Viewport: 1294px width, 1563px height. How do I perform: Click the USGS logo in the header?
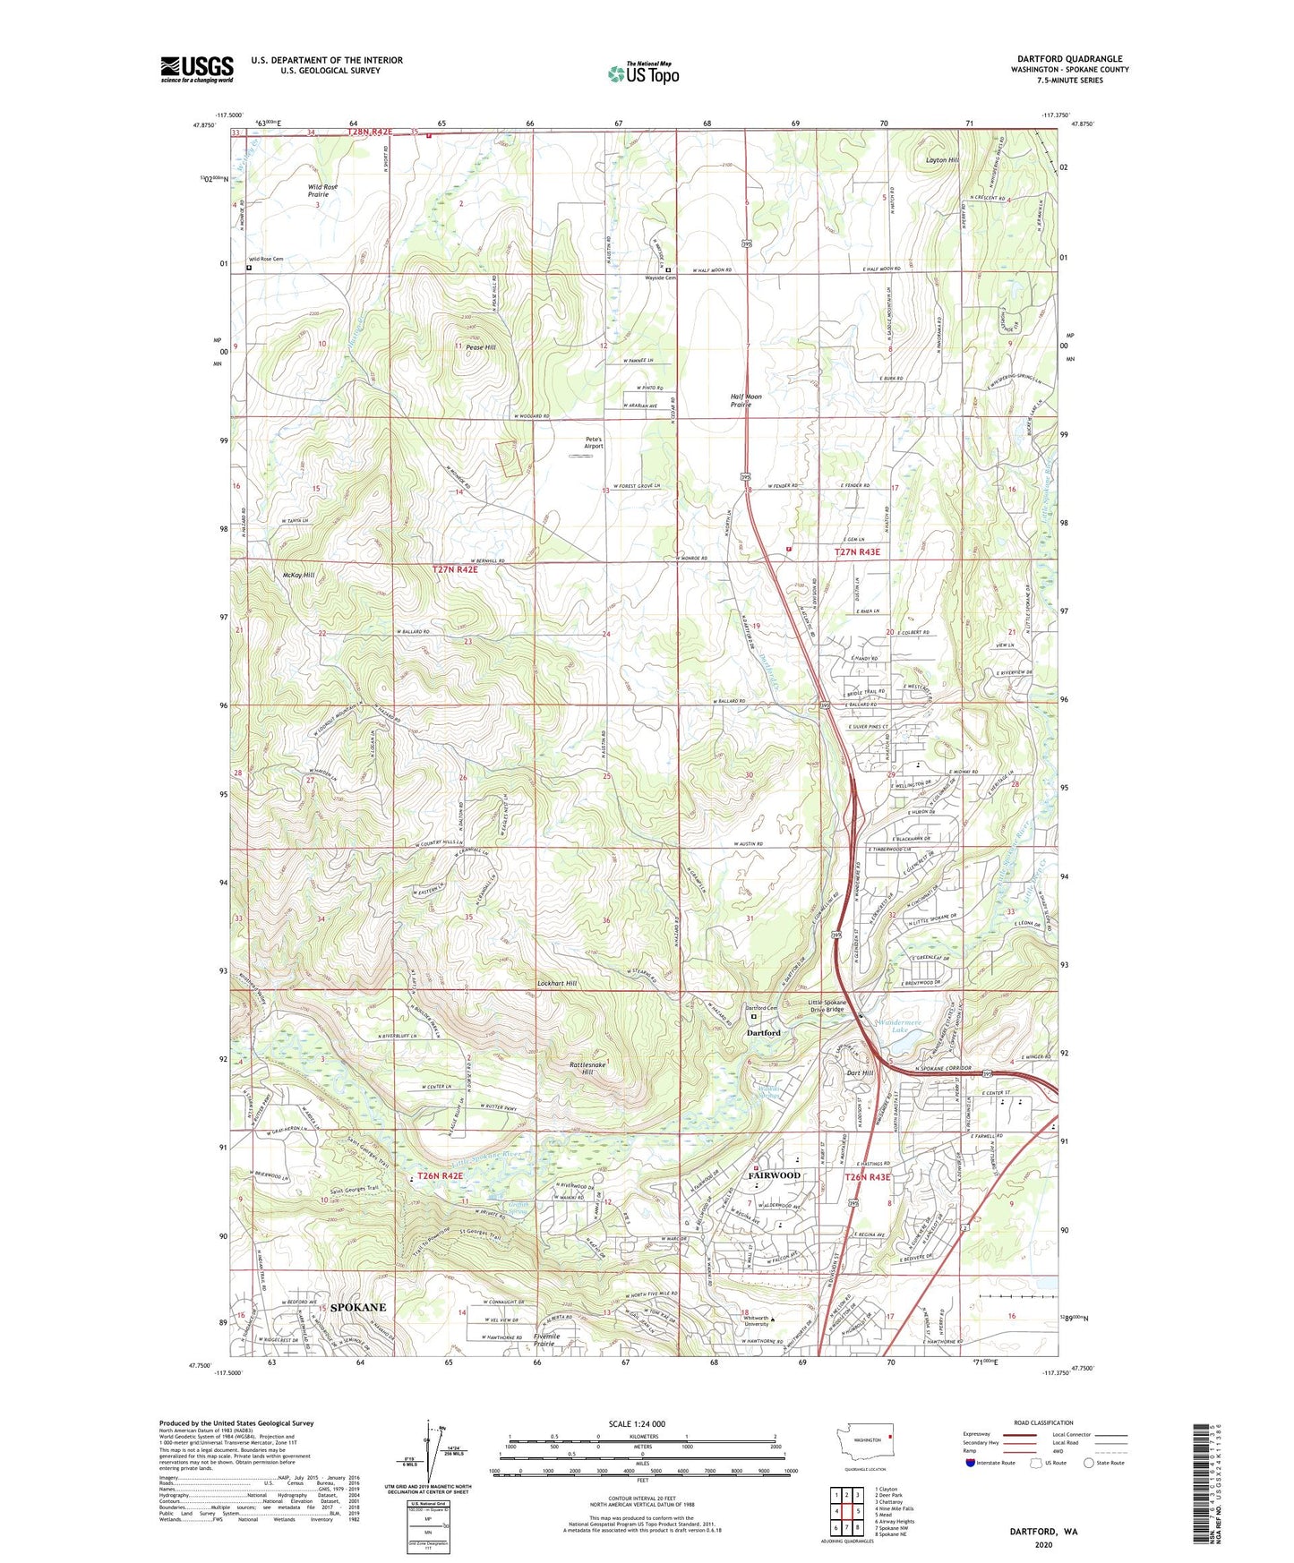tap(197, 68)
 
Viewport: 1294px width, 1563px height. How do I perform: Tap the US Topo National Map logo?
tap(643, 73)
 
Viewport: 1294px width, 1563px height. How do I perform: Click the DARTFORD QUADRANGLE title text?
tap(1069, 59)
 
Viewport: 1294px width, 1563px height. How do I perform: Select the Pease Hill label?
tap(480, 347)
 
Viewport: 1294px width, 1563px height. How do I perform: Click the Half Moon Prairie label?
tap(746, 400)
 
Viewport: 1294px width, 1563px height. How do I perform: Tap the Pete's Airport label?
tap(594, 442)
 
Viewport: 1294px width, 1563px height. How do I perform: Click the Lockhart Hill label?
tap(557, 984)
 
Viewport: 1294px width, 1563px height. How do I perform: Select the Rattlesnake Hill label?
tap(587, 1068)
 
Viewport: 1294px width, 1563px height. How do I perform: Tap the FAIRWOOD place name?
tap(774, 1175)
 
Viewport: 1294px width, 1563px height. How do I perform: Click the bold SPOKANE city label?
tap(358, 1308)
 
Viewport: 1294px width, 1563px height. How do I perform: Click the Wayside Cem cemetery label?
tap(664, 278)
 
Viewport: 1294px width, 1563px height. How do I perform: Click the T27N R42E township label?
tap(455, 568)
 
